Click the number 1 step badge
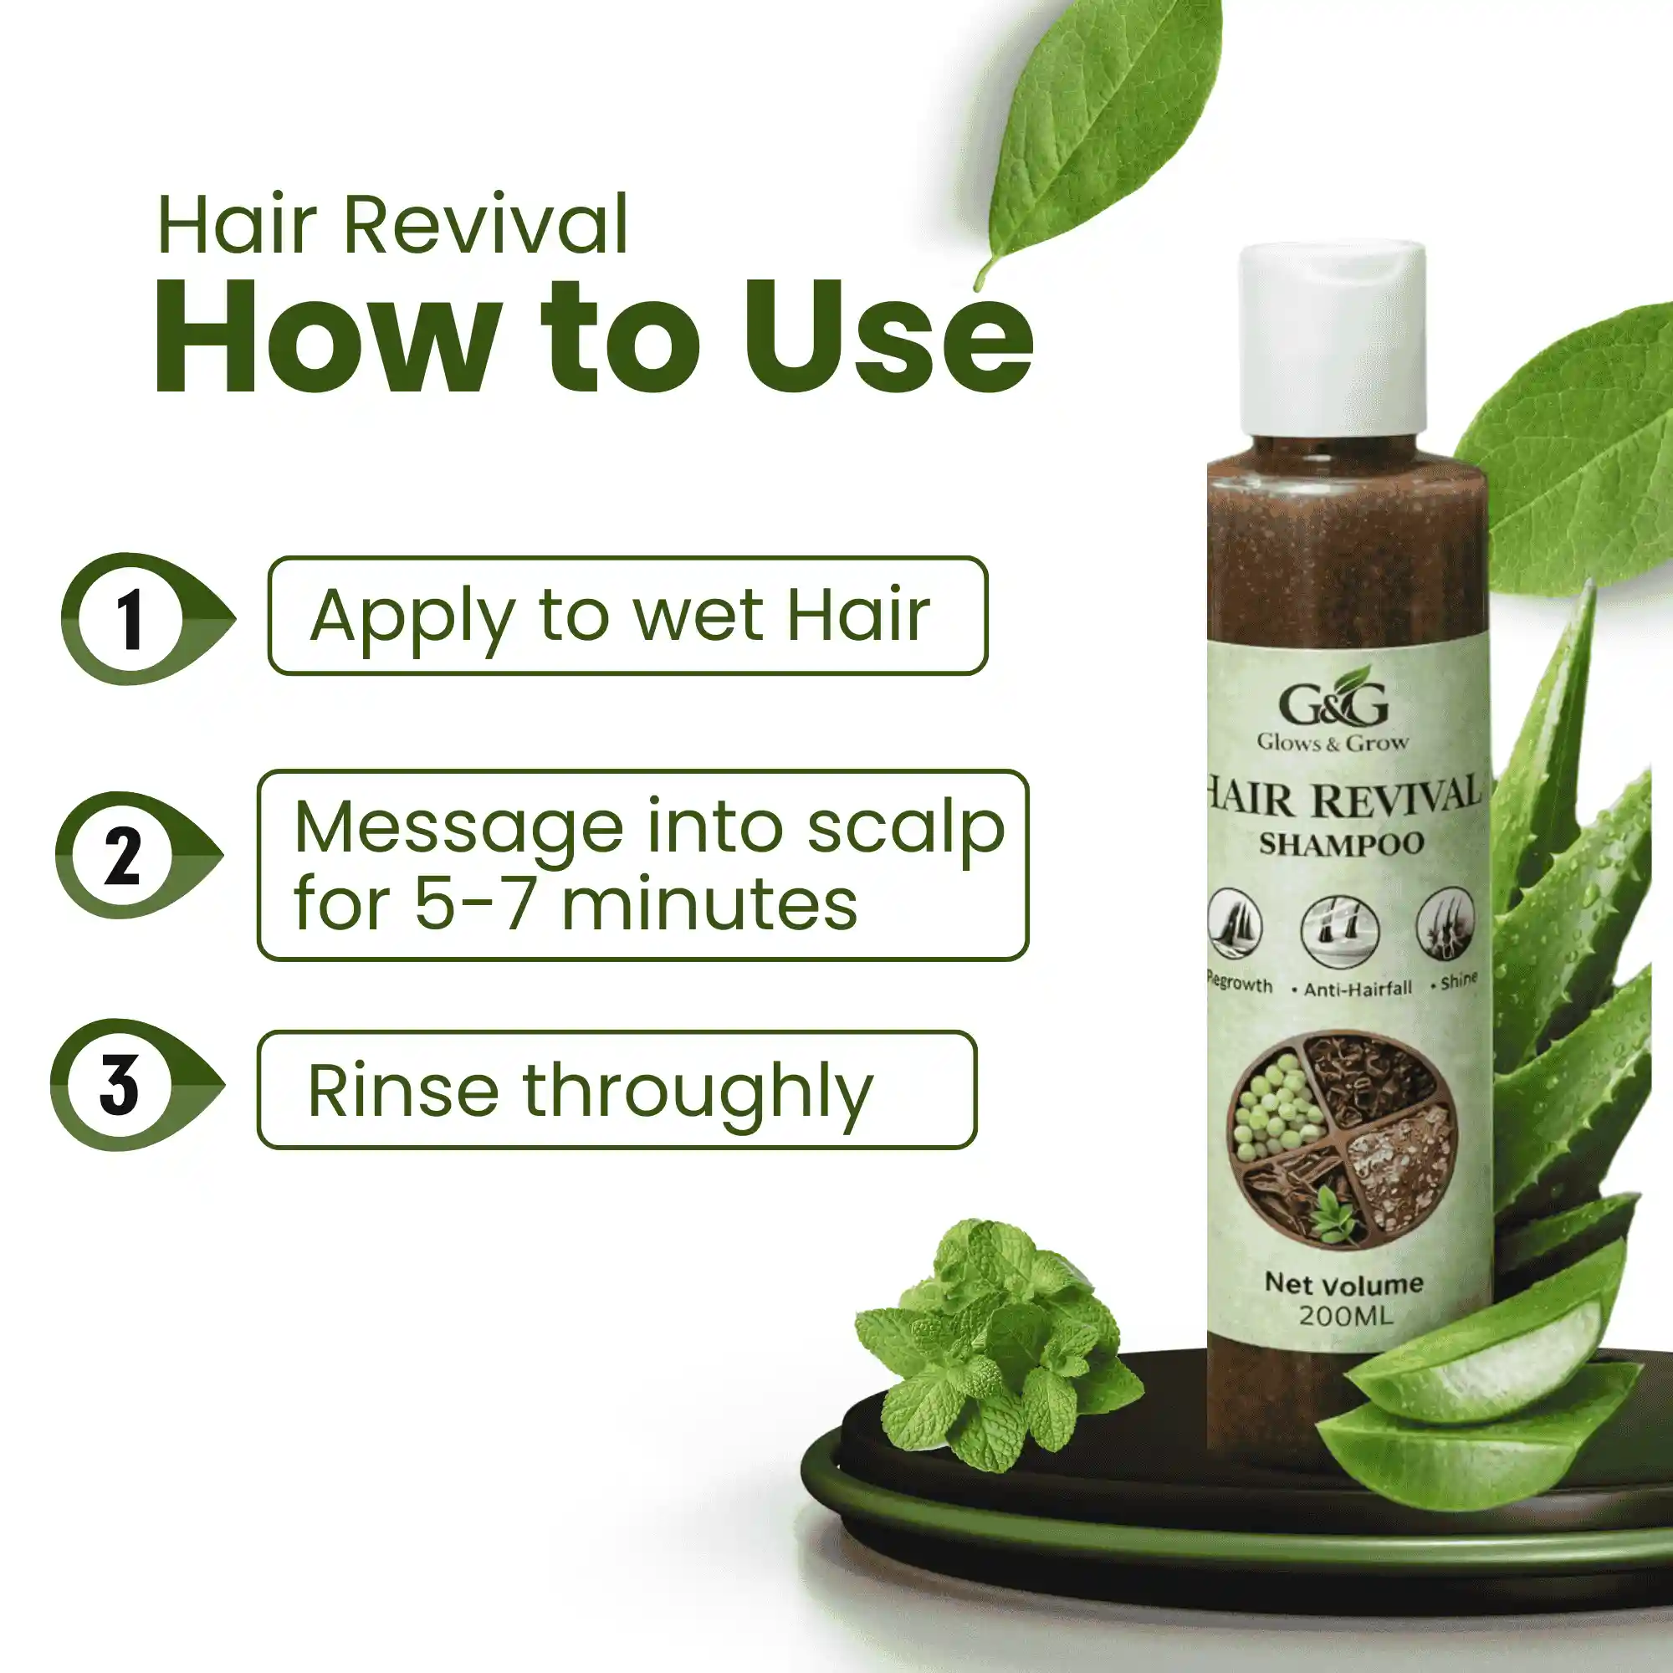pyautogui.click(x=130, y=618)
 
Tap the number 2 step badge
pyautogui.click(x=124, y=856)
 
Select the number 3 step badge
pyautogui.click(x=120, y=1084)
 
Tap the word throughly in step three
pyautogui.click(x=698, y=1092)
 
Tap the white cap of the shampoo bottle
pyautogui.click(x=1333, y=340)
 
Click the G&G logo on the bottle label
pyautogui.click(x=1333, y=703)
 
